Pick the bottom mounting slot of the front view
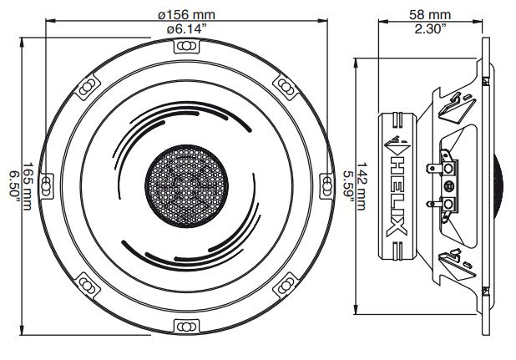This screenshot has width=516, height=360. [185, 325]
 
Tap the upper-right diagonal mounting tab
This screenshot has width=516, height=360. [285, 84]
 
